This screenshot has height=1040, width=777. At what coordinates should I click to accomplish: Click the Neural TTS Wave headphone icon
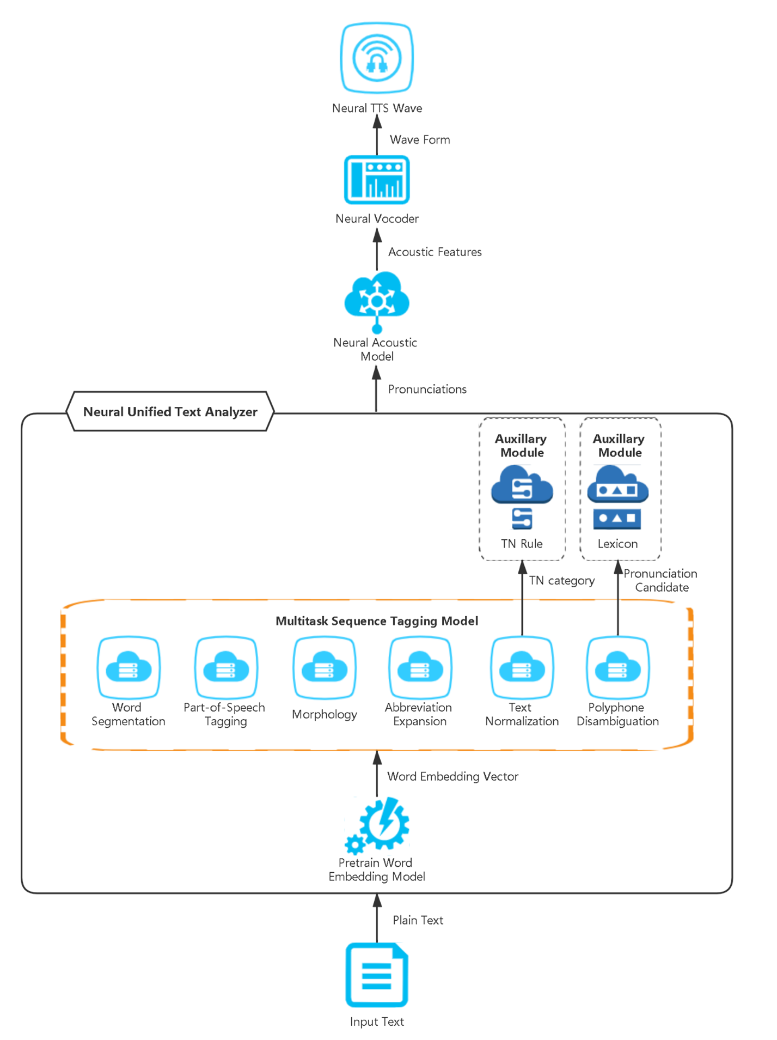coord(377,58)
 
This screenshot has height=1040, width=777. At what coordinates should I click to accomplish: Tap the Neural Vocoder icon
coord(377,180)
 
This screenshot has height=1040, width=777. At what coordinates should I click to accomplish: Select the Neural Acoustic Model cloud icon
coord(377,299)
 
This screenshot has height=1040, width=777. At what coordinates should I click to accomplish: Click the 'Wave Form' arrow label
coord(420,140)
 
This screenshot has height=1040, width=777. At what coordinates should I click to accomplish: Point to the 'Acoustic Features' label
coord(435,252)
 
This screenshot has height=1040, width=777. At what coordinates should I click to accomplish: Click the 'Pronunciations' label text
coord(427,390)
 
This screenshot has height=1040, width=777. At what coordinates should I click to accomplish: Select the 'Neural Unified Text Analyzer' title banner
coord(170,412)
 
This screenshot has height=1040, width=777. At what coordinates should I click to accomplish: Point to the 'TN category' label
coord(561,581)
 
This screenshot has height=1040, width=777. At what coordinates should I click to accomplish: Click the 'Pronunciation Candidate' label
coord(660,581)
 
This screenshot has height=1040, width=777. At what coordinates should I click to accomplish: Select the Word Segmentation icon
coord(129,668)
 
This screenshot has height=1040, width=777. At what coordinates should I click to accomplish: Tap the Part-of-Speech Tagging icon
coord(225,668)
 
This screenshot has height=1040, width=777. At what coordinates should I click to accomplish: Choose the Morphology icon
coord(325,668)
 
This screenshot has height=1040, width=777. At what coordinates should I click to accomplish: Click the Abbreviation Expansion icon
coord(420,668)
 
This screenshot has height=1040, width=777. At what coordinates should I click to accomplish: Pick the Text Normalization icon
coord(522,668)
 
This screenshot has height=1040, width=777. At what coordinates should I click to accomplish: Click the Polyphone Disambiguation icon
coord(617,668)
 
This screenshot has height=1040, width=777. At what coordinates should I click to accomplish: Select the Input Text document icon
coord(377,975)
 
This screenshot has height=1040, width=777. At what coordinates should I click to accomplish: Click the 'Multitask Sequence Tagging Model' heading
coord(377,621)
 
